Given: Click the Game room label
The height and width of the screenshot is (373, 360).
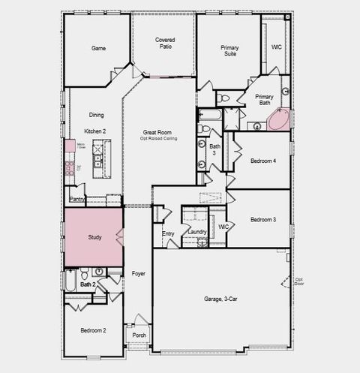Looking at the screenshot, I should point(98,48).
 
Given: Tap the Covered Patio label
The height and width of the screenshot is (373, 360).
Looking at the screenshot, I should point(165,43).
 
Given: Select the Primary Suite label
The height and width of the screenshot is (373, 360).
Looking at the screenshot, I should point(229,51).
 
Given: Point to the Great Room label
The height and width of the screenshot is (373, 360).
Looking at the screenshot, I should point(157,132).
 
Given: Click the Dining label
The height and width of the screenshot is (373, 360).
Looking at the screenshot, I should point(96,115).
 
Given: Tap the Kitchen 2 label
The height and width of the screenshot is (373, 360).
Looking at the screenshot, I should point(95,131).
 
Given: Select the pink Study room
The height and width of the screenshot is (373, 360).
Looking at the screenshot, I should point(93,236).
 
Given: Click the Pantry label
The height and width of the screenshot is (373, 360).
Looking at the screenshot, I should point(76,200).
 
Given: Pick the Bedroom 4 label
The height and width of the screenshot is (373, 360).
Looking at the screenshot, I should point(263,161).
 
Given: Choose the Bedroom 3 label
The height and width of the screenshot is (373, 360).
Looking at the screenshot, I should point(263,219).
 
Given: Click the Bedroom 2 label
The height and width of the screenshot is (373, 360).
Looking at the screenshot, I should point(94,330).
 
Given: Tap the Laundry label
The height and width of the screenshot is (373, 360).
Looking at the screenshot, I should point(197,232).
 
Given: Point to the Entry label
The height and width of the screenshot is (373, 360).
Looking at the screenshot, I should point(168,233).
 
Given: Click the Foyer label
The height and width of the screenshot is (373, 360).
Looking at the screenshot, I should point(138,274).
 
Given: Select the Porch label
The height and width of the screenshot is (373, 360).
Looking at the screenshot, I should point(139,335).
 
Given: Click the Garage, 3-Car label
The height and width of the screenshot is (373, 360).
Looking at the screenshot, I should point(220,299).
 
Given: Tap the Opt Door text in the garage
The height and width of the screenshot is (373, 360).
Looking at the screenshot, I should point(298,281).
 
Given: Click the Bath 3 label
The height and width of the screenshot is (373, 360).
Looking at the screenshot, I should point(215,149).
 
